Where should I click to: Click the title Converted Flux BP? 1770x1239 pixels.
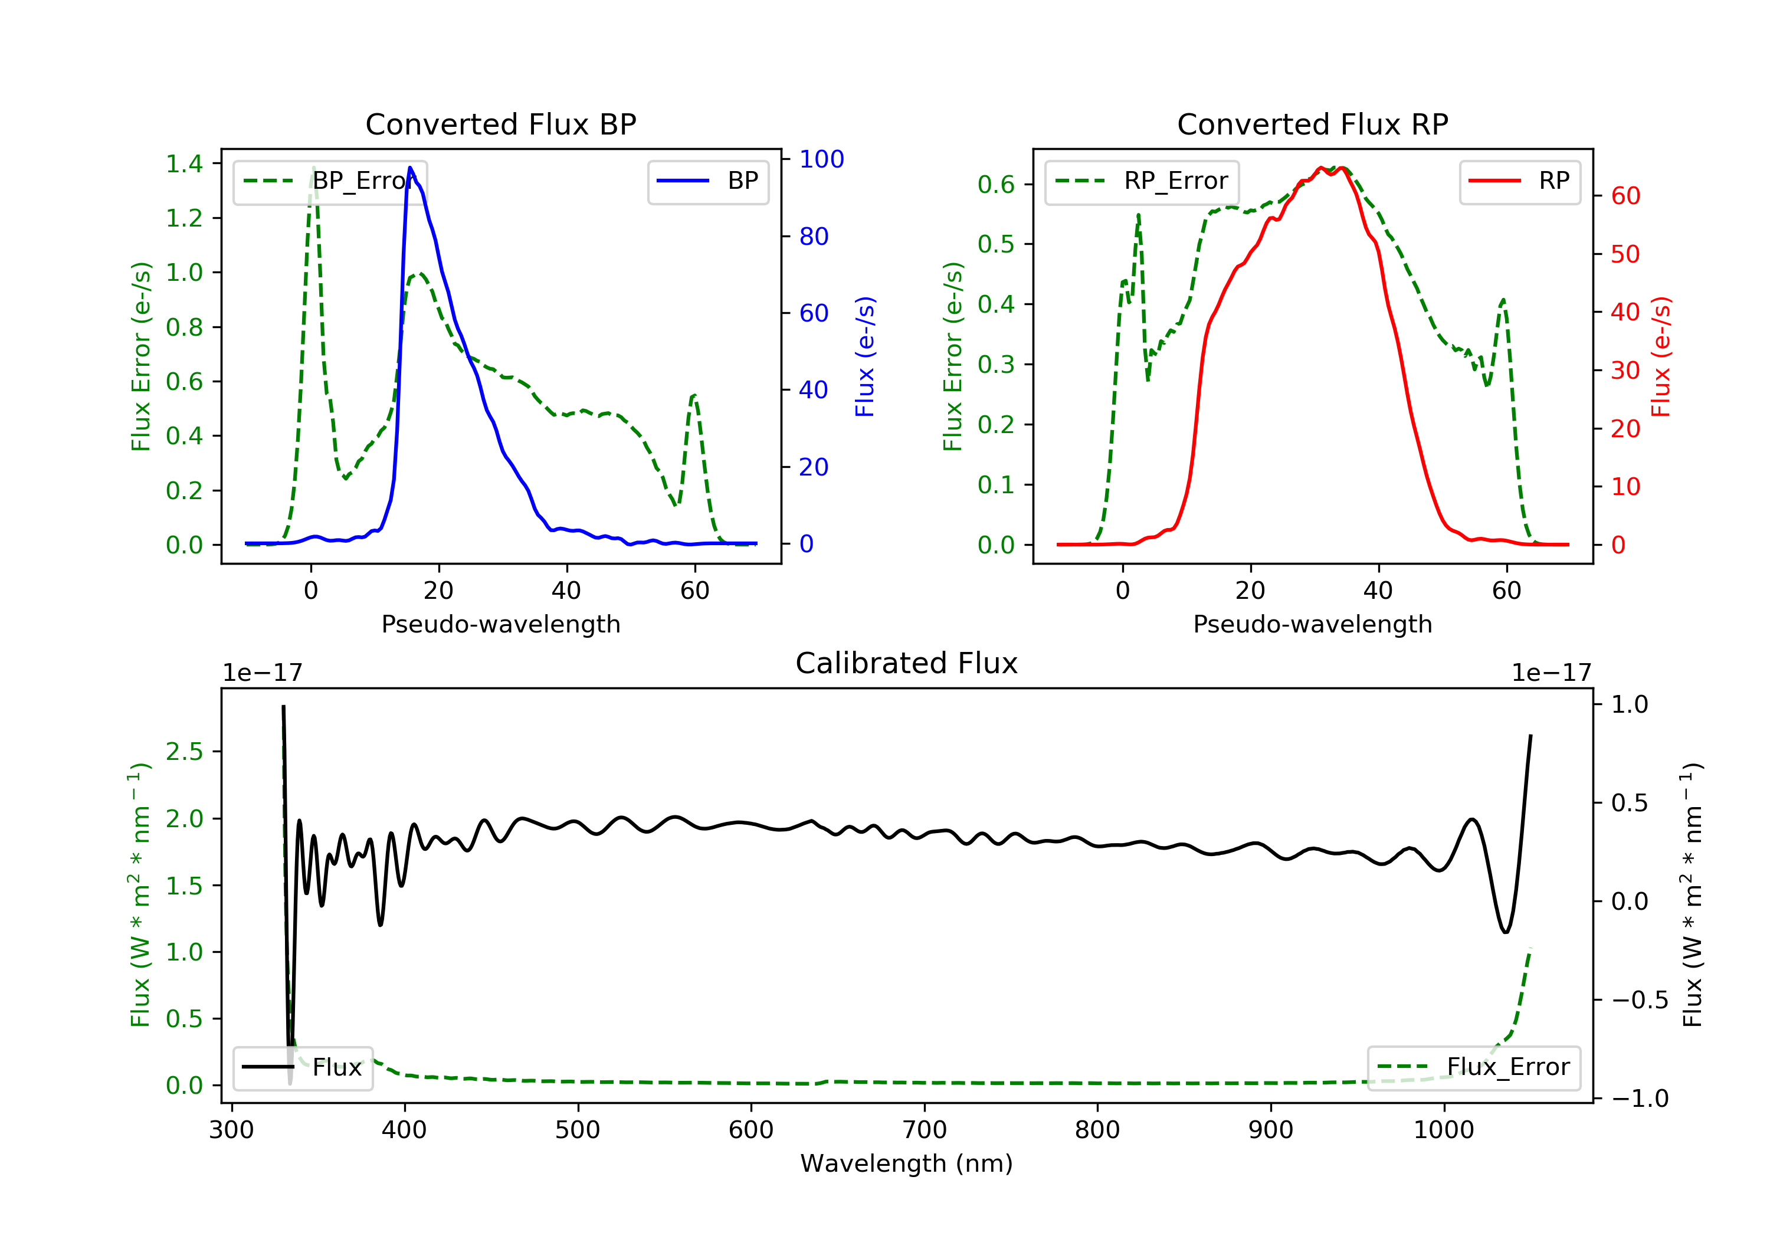(500, 124)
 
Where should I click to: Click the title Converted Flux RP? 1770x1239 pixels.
(1312, 124)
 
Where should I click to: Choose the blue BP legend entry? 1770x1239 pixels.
(707, 181)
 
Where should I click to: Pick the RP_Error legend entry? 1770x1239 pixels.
(1141, 181)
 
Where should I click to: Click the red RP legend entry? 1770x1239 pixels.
(1519, 181)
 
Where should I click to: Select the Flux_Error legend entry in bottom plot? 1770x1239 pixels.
(1473, 1067)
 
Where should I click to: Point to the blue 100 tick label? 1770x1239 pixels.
(821, 160)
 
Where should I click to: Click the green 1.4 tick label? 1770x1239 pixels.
(184, 163)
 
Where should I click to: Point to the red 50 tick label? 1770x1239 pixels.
(1625, 254)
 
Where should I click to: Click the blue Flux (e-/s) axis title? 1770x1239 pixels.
(865, 356)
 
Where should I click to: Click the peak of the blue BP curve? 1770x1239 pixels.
(410, 168)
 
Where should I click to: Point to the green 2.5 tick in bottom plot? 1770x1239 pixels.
(184, 752)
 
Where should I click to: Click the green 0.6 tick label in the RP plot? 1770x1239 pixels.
(996, 184)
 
